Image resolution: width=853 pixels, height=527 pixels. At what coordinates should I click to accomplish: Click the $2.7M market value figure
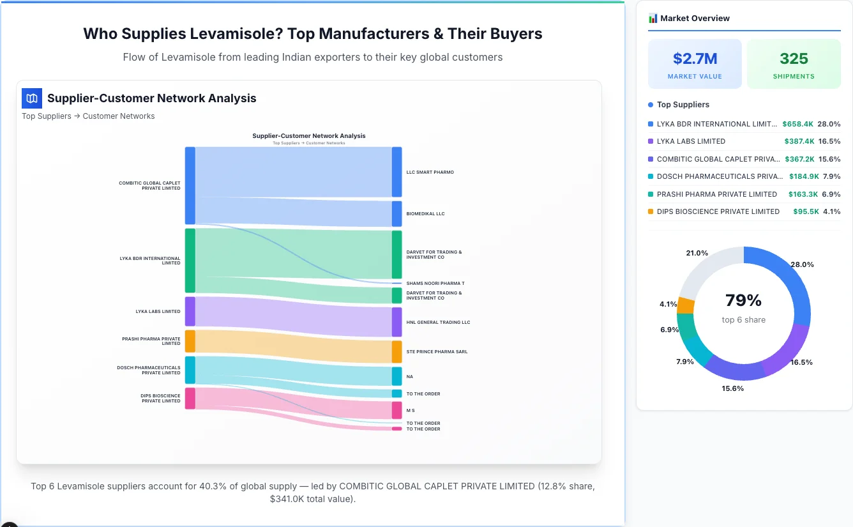pos(695,59)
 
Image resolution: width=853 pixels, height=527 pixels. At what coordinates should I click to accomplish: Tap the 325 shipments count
pos(794,59)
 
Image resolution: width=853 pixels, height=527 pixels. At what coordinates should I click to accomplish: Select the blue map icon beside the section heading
pos(32,98)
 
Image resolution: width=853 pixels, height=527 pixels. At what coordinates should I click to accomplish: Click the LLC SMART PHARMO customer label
pos(430,172)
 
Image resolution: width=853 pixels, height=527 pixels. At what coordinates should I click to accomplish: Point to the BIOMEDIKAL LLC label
pos(425,214)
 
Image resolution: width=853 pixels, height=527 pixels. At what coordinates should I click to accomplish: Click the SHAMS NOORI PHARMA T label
pos(435,284)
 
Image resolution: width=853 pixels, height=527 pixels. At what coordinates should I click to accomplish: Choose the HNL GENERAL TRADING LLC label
pos(438,323)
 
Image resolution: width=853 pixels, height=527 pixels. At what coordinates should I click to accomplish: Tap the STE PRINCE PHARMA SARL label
pos(437,352)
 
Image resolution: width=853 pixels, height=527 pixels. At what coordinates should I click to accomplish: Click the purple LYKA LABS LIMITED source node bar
pos(190,312)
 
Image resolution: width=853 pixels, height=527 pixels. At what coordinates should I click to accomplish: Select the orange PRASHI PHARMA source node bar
pos(190,341)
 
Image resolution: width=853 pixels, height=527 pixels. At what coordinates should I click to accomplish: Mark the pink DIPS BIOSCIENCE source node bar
pos(190,398)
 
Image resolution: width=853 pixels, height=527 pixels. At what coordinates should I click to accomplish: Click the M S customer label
pos(411,411)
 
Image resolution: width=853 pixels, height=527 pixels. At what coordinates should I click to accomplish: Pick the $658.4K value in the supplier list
pos(797,124)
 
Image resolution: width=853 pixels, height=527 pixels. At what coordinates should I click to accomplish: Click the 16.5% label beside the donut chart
pos(801,362)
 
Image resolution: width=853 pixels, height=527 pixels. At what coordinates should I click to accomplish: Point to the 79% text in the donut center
pos(743,300)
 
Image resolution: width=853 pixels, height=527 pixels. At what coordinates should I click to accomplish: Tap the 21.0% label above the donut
pos(697,253)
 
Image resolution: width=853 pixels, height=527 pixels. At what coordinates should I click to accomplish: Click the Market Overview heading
pos(695,19)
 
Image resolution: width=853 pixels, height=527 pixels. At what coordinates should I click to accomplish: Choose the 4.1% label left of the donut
pos(668,304)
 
